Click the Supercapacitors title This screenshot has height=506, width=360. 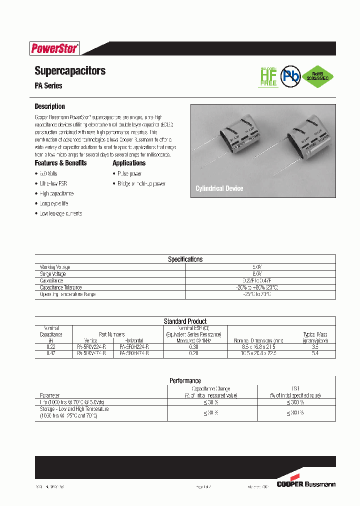point(70,71)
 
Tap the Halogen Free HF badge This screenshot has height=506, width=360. point(268,76)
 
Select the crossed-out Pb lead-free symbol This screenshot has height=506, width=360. point(290,75)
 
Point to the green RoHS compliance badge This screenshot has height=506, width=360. point(318,75)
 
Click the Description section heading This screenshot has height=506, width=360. point(49,106)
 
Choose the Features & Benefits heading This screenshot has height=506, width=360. point(60,163)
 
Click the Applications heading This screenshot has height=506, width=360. point(129,163)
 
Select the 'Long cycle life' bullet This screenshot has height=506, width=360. point(54,203)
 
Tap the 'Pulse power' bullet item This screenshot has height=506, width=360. point(129,173)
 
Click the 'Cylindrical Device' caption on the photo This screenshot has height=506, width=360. point(219,188)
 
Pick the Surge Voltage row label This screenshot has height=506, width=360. point(53,274)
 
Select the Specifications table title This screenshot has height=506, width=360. point(185,259)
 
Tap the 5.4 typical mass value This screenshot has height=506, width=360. point(315,353)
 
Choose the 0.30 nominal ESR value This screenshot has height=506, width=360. point(194,346)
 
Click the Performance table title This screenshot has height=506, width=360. point(185,380)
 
